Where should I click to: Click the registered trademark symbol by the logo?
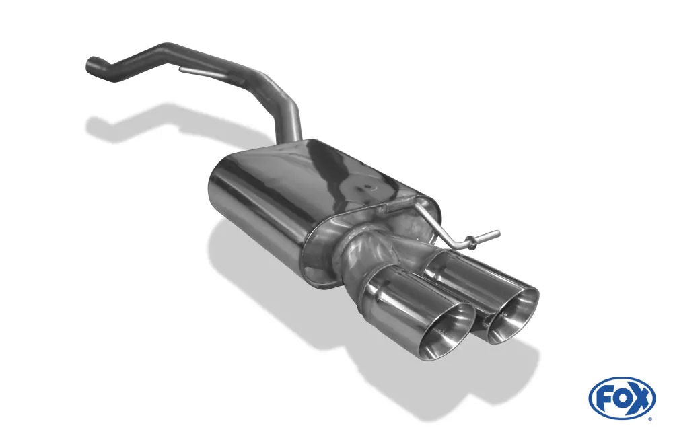651,418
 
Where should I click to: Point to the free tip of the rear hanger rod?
497,233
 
